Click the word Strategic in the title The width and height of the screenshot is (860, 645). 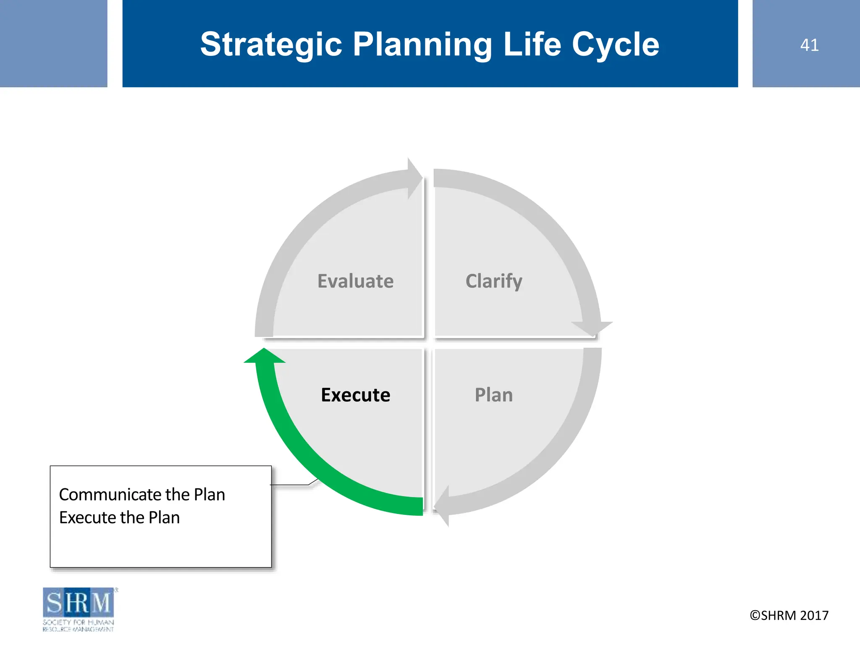click(271, 45)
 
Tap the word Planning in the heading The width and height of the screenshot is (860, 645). click(422, 45)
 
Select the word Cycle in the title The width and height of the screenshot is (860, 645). click(615, 45)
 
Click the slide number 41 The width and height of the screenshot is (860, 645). click(809, 45)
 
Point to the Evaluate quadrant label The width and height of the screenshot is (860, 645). click(355, 281)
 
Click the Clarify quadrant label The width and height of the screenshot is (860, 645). click(494, 281)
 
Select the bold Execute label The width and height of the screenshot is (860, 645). click(355, 395)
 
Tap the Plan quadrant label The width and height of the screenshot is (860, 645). click(494, 395)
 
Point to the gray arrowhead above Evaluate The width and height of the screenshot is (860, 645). click(414, 178)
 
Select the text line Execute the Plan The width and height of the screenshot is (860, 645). click(119, 517)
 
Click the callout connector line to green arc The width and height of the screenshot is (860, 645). click(294, 484)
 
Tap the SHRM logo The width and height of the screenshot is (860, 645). click(78, 602)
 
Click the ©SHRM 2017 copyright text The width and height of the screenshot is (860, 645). click(789, 615)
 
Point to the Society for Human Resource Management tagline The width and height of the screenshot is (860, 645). click(78, 625)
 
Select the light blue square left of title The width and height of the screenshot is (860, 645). click(53, 43)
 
